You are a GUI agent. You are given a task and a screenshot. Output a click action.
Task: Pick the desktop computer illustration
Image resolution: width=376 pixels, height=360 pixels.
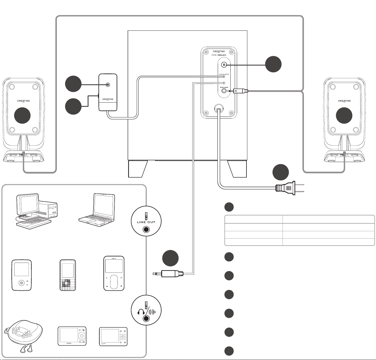36,211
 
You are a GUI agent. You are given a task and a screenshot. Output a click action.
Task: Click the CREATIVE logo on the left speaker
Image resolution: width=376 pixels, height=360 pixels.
23,101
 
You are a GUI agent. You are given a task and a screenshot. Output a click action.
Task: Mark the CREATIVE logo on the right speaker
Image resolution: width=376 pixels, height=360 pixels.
345,101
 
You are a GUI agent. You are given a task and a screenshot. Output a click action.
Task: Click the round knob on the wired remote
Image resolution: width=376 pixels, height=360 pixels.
108,85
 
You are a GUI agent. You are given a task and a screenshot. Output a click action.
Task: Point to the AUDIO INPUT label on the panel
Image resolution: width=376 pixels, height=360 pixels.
224,75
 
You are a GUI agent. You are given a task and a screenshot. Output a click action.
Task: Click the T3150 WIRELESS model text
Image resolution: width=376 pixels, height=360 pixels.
224,55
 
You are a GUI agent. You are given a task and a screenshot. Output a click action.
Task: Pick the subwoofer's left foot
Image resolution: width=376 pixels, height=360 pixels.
138,169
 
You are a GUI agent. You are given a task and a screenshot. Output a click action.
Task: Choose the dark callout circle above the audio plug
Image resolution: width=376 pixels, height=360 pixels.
171,258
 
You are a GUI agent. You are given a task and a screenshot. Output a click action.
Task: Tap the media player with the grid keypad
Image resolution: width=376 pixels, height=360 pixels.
67,275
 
